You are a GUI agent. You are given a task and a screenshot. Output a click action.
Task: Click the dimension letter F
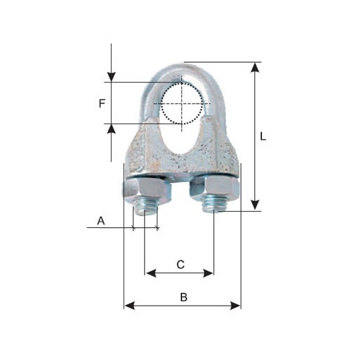tap(102, 103)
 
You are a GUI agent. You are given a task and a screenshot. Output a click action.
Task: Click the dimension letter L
tap(263, 136)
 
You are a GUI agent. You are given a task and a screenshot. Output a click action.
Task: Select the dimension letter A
tap(101, 221)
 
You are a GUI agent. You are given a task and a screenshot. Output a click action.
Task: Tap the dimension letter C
tap(181, 265)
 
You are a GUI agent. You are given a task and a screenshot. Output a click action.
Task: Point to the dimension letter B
tap(184, 297)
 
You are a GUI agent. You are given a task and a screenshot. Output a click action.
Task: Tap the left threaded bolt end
tap(145, 209)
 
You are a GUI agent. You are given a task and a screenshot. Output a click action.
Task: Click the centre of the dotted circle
tap(181, 103)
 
